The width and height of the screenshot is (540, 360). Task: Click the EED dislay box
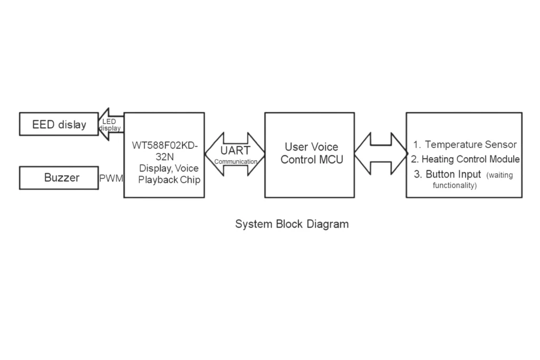coord(59,124)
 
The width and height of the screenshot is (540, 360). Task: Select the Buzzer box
coord(59,178)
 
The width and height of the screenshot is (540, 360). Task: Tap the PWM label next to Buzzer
coord(111,178)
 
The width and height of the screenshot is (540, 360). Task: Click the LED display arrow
coord(111,124)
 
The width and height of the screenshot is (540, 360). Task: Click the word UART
coord(235,150)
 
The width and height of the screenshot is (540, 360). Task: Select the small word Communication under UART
coord(236,162)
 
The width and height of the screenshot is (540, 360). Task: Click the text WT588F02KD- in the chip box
coord(165,145)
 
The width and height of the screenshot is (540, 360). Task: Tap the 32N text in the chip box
coord(165,157)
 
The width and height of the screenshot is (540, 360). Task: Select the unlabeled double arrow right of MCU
coord(381,153)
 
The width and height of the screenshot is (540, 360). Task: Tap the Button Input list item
coord(453,174)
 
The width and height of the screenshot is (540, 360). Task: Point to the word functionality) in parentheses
coord(455,186)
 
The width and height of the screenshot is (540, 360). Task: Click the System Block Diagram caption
coord(292,224)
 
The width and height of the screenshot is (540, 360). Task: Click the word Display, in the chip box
coord(155,168)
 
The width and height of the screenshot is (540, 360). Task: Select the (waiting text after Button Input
coord(499,175)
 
